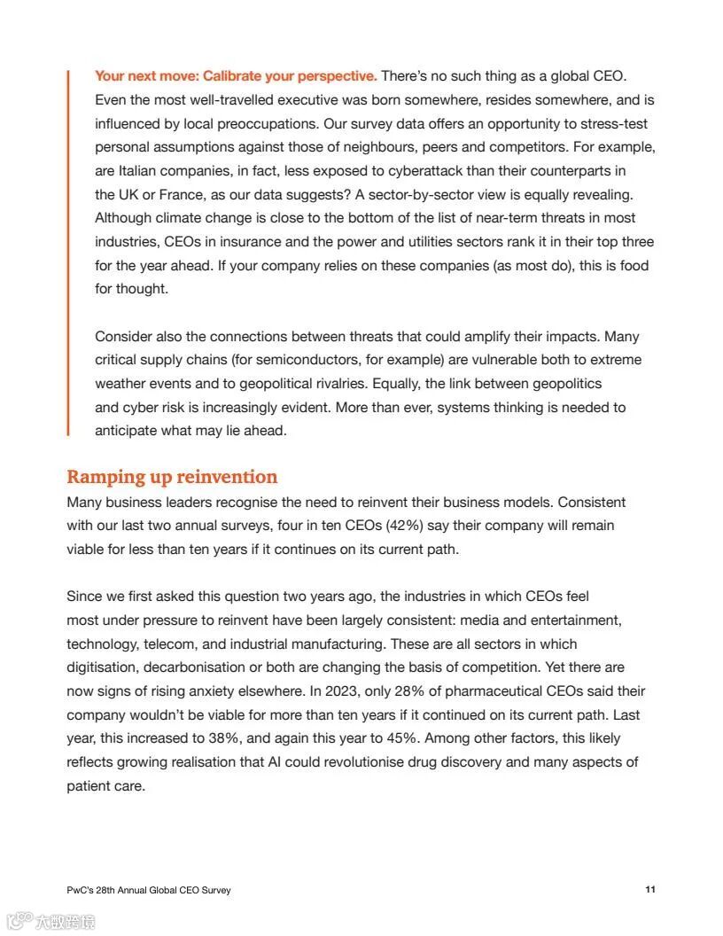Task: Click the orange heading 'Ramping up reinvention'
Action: coord(172,477)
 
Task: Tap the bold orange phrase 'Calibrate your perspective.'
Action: coord(290,76)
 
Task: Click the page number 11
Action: coord(650,889)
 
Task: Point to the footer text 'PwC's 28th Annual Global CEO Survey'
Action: coord(149,890)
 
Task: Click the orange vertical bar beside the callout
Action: coord(68,253)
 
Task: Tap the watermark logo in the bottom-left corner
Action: coord(51,922)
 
